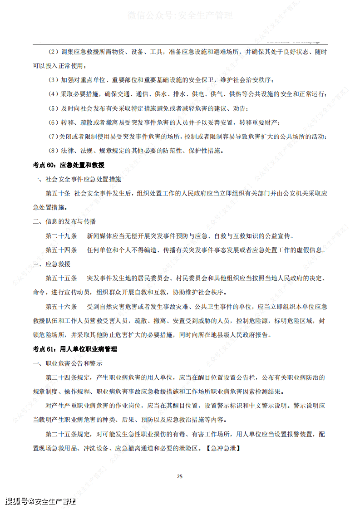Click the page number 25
pyautogui.click(x=180, y=476)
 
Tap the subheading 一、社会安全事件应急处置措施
pyautogui.click(x=77, y=179)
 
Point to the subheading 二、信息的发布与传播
pyautogui.click(x=64, y=221)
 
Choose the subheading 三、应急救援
pyautogui.click(x=51, y=264)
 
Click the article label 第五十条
pyautogui.click(x=58, y=193)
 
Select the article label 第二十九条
pyautogui.click(x=61, y=236)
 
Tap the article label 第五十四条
pyautogui.click(x=61, y=250)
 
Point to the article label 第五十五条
pyautogui.click(x=61, y=278)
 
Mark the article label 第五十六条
pyautogui.click(x=61, y=307)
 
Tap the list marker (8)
pyautogui.click(x=54, y=151)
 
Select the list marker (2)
pyautogui.click(x=54, y=52)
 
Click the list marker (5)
pyautogui.click(x=54, y=108)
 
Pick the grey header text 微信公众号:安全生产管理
pyautogui.click(x=180, y=15)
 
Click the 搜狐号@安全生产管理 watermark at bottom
pyautogui.click(x=40, y=501)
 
